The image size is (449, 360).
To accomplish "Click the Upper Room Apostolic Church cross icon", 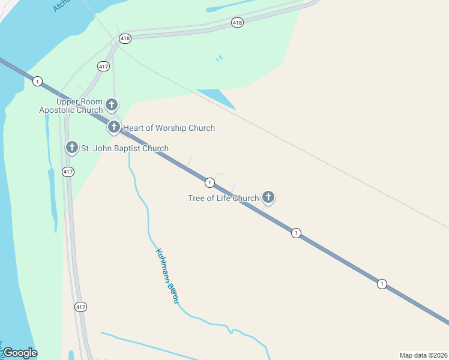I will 112,105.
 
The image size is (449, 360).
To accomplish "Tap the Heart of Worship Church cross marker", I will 114,127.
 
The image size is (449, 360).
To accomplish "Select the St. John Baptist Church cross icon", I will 72,147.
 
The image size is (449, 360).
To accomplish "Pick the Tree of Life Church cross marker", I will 268,196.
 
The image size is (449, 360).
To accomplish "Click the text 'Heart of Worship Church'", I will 169,128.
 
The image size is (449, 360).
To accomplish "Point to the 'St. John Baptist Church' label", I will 125,148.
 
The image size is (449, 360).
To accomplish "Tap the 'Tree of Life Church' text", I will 223,198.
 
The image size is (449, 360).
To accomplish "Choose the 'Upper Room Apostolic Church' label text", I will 71,106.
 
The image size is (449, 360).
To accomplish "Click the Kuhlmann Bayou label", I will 167,275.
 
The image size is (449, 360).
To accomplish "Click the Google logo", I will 19,353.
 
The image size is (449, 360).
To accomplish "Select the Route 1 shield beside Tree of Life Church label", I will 209,182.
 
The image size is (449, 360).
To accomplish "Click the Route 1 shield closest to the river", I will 38,81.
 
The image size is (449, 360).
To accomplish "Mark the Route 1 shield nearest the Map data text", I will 382,284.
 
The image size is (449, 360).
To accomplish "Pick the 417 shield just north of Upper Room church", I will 103,66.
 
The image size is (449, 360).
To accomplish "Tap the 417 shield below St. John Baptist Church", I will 68,172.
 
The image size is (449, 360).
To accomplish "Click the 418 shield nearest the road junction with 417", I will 125,38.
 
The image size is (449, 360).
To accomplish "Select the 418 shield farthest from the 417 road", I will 237,23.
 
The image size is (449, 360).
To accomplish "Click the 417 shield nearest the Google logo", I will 80,307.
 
